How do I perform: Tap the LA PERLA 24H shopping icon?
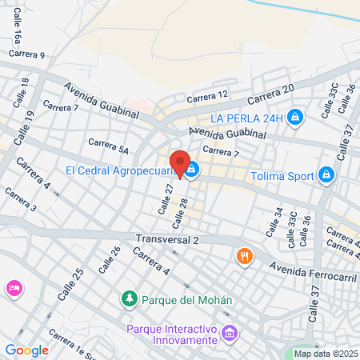coord(295,118)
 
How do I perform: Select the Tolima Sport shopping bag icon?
coord(326,174)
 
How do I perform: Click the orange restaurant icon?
coord(245,256)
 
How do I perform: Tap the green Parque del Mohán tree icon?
coord(128,300)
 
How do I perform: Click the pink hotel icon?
coord(12,288)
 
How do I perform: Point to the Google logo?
coord(26,350)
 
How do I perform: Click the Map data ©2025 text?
coord(326,354)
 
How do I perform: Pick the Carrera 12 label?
coord(208,95)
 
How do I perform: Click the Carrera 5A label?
coord(108,146)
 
